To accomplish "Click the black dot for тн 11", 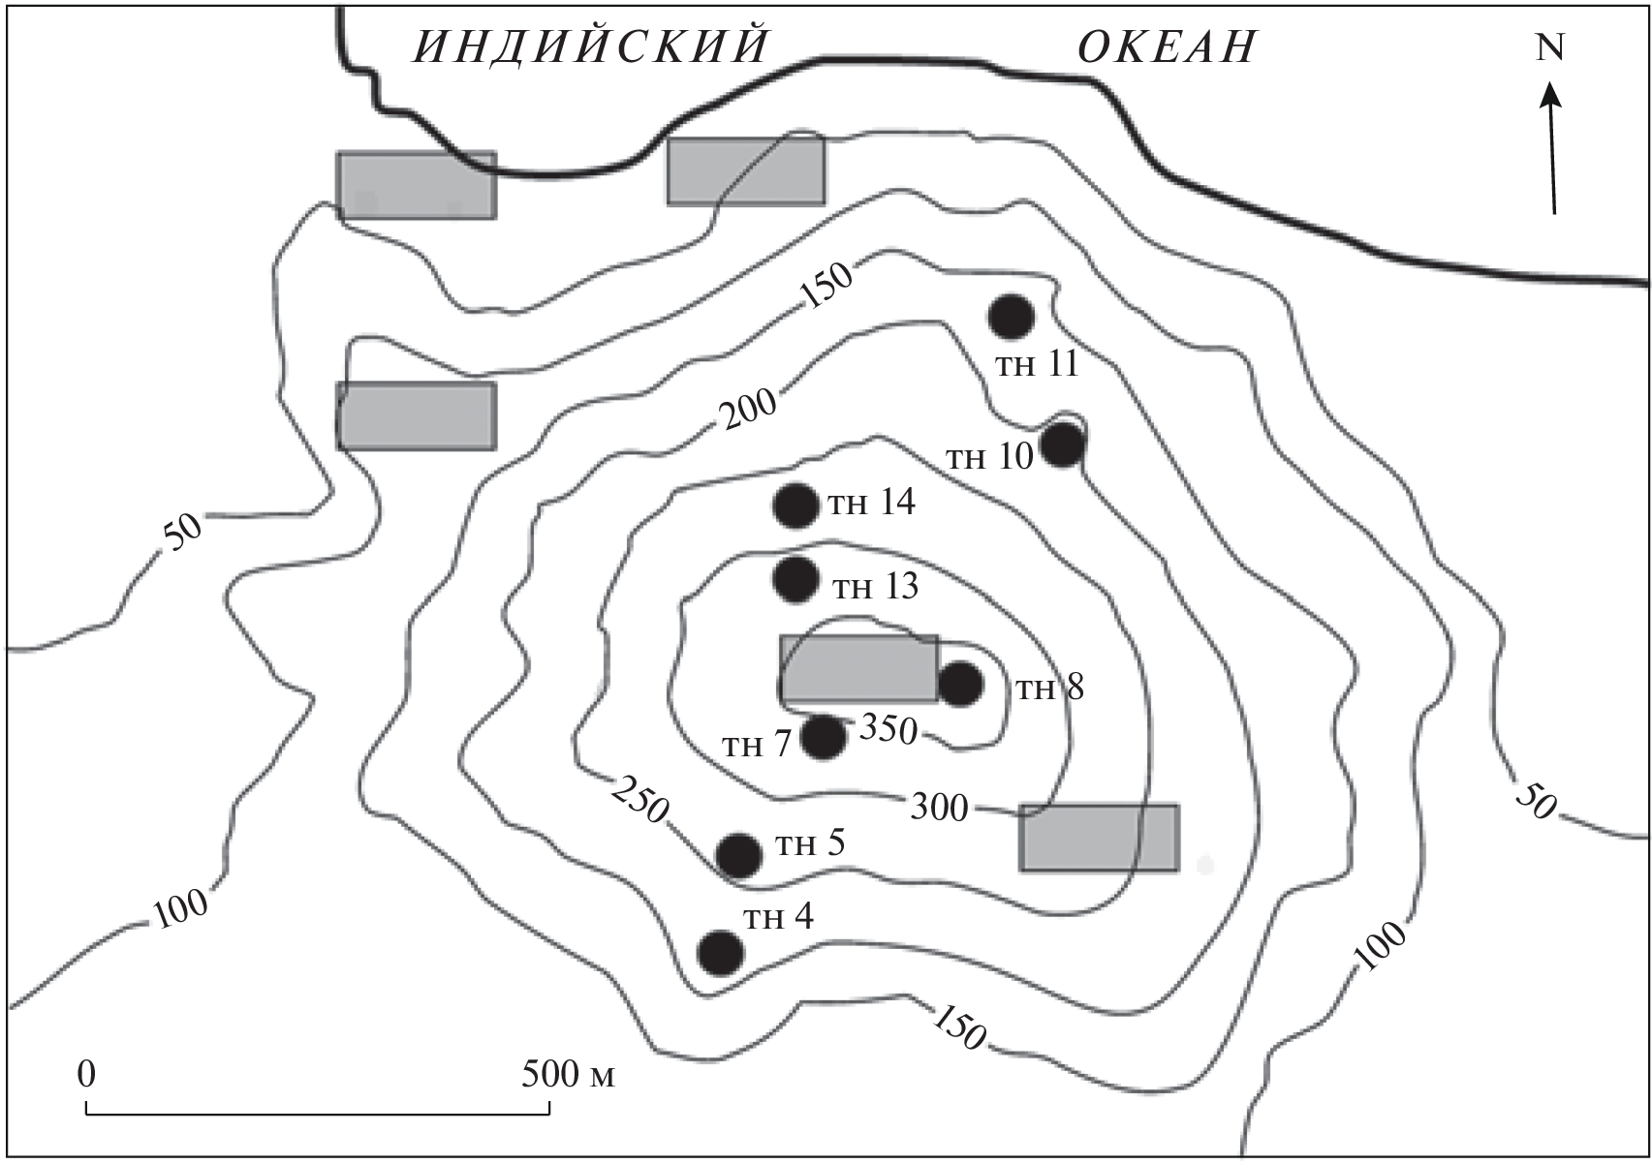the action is [x=1011, y=317].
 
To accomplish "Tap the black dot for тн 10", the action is [x=1063, y=444].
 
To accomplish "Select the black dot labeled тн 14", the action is [x=795, y=506].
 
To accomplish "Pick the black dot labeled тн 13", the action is [x=795, y=580].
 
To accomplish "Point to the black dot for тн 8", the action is [x=960, y=684].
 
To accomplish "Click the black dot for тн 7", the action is [x=823, y=737].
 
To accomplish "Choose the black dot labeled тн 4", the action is [x=721, y=953].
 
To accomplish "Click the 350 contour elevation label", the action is [x=888, y=730].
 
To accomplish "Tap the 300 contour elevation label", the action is [x=939, y=808].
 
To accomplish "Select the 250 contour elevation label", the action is [x=639, y=800].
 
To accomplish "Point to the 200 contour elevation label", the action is [x=749, y=409].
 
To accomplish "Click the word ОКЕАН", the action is [x=1167, y=46].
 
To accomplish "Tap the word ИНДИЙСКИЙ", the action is [x=591, y=45].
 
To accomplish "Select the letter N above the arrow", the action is [x=1549, y=47].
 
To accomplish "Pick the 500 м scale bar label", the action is [x=568, y=1074].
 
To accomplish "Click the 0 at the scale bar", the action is [x=86, y=1074].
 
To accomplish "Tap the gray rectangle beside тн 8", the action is [x=859, y=668].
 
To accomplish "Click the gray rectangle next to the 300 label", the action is [x=1099, y=838].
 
